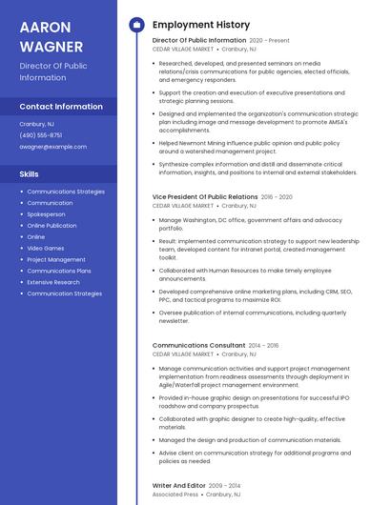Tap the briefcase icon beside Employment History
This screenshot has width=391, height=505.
click(136, 25)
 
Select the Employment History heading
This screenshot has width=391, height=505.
click(201, 25)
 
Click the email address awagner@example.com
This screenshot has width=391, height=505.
click(53, 147)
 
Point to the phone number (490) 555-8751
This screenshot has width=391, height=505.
click(41, 135)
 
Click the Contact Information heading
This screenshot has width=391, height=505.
click(61, 107)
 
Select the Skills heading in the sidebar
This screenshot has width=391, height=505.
click(30, 174)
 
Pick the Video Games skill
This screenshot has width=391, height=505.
click(46, 248)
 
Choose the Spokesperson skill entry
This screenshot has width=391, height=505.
click(47, 213)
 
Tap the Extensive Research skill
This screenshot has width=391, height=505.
click(53, 282)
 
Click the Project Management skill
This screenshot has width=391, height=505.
click(56, 259)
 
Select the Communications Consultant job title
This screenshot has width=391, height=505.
click(198, 345)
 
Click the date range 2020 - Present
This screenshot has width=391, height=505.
click(269, 41)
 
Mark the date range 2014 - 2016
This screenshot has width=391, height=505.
click(263, 345)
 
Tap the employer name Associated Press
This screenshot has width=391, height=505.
click(175, 495)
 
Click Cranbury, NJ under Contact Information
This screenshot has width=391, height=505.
click(37, 124)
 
